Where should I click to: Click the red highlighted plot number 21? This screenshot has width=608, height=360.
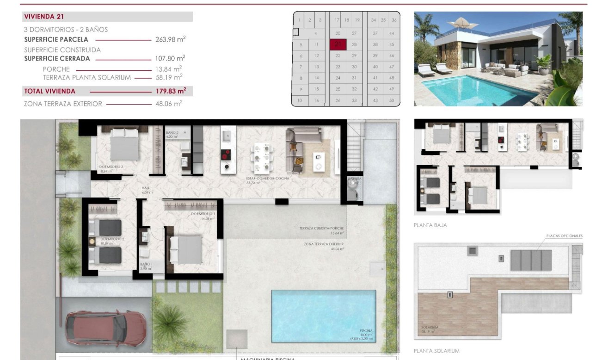(x=338, y=44)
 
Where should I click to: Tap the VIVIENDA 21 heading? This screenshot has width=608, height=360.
(x=44, y=17)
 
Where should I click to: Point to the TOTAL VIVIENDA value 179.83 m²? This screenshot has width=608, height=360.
(x=170, y=91)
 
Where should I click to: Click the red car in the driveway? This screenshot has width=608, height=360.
(x=106, y=328)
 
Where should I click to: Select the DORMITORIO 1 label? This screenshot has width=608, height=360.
(x=203, y=214)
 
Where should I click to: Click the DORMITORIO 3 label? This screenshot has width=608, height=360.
(x=111, y=167)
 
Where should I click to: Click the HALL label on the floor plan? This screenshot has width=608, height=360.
(x=146, y=188)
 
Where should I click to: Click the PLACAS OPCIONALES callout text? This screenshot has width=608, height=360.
(x=564, y=236)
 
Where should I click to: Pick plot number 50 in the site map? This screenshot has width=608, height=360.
(x=392, y=100)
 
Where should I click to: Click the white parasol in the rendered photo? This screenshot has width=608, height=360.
(x=460, y=22)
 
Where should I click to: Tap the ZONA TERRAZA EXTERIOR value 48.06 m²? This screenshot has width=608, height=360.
(x=169, y=104)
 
